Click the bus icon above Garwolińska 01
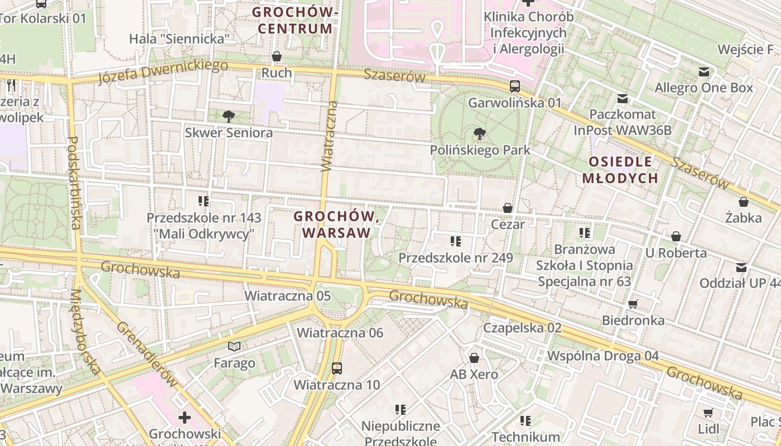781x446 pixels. coord(514,86)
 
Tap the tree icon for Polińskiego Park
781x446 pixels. coord(479,134)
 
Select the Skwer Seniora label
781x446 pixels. coord(229,133)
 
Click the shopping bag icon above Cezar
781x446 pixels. coord(508,208)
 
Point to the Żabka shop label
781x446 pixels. coord(743,217)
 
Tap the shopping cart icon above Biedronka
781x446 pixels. coord(633,304)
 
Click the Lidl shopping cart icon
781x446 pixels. coord(708,413)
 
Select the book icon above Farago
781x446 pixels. coord(235,347)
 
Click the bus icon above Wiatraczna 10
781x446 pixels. coord(337,368)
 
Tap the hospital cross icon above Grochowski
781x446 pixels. coord(185,417)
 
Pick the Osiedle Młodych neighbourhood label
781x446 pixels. coord(620,170)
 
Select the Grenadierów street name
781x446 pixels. coord(147,355)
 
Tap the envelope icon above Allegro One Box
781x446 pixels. coord(703,71)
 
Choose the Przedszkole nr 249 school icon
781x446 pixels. coord(455,241)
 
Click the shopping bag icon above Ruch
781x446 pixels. coord(276,56)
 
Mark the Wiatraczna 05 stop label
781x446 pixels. coord(288,296)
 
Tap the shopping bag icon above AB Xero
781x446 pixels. coord(474,357)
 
